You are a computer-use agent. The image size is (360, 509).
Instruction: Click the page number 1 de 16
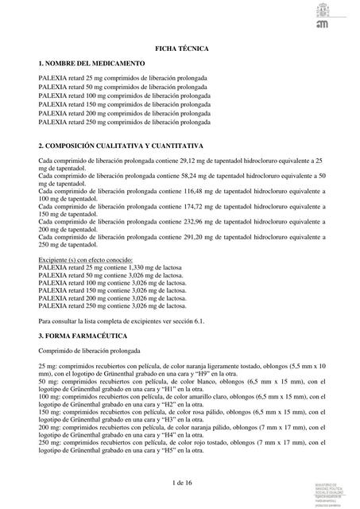[x=181, y=483]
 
